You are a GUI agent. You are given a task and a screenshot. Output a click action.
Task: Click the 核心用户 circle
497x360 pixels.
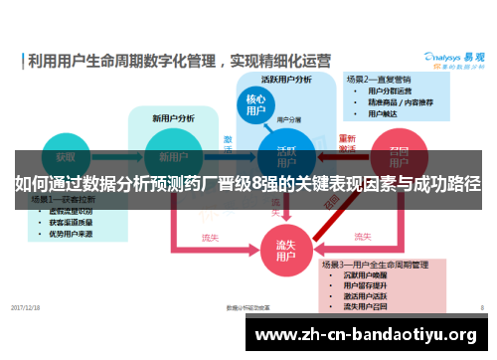coord(255,106)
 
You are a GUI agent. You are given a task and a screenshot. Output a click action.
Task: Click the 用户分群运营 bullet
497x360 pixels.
coord(389,90)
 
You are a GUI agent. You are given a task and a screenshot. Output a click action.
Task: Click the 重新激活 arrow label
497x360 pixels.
coord(347,143)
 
